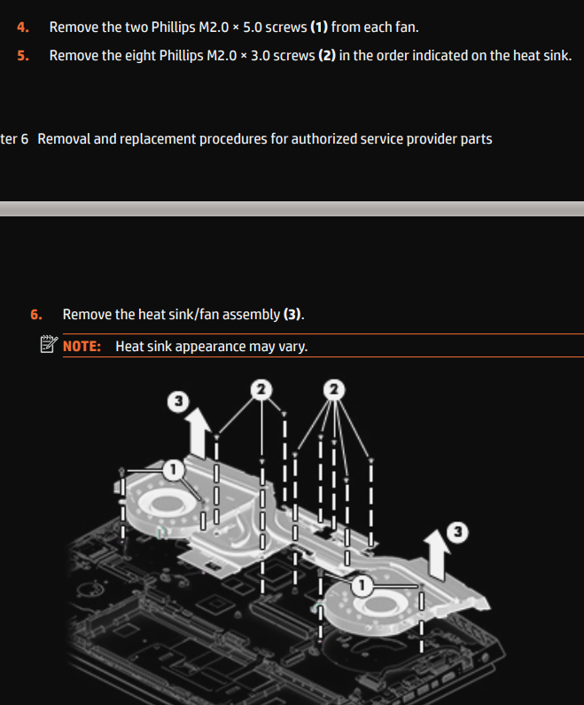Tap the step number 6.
[x=35, y=315]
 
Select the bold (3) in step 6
[x=292, y=315]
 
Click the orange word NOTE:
[x=82, y=346]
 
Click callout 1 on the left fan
[x=175, y=466]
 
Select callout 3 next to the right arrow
[x=457, y=532]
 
